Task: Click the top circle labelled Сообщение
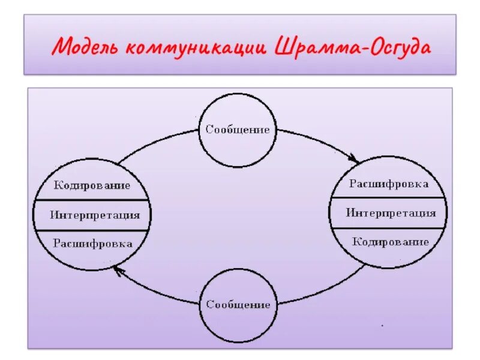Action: [x=238, y=130]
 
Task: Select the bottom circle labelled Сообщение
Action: [x=238, y=304]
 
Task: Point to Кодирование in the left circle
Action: [x=92, y=185]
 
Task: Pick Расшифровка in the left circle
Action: [x=92, y=244]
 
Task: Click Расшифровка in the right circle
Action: [x=389, y=184]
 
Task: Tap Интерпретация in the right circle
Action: [x=390, y=213]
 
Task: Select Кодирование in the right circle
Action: [x=390, y=242]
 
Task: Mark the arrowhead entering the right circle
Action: [x=355, y=160]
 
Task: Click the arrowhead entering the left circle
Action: [x=118, y=271]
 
